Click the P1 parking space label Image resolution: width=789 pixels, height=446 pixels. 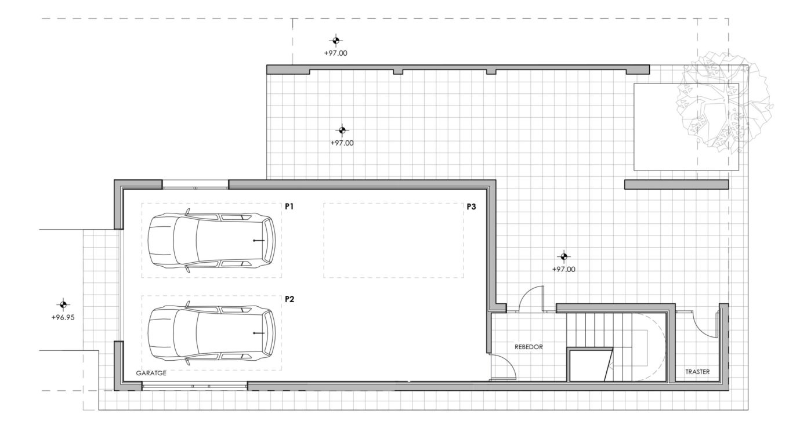click(289, 206)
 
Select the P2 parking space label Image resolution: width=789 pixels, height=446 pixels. click(289, 299)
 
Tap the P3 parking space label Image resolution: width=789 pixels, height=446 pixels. click(471, 206)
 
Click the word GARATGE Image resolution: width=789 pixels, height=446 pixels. click(151, 373)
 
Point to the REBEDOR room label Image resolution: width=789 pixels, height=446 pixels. click(529, 347)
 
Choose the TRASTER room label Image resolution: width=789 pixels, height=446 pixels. click(697, 372)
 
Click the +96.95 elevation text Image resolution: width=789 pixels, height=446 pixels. click(63, 317)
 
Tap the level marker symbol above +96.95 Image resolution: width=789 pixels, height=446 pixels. click(63, 304)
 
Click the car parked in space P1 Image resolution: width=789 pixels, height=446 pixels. click(211, 241)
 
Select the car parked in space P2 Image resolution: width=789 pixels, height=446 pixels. click(211, 333)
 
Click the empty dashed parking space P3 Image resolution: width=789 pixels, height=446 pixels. click(393, 241)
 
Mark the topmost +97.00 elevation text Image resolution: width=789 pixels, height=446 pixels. click(335, 53)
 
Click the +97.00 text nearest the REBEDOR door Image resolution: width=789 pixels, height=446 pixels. click(563, 269)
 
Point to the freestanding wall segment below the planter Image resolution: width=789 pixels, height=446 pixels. click(676, 184)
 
